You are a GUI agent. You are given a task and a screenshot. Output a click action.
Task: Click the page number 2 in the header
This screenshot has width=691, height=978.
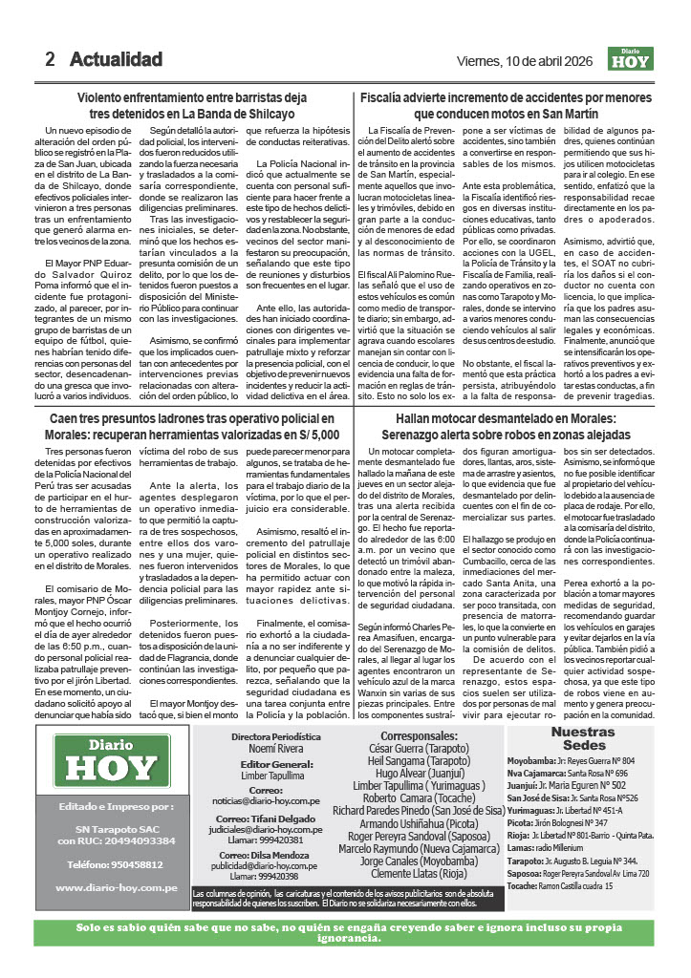(50, 59)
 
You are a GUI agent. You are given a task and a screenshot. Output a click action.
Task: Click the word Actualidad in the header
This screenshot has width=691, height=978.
(116, 59)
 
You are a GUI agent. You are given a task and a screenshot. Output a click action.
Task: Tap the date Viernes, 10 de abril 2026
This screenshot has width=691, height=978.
(524, 61)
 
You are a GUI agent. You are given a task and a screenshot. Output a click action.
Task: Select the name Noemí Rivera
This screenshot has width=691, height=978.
(277, 725)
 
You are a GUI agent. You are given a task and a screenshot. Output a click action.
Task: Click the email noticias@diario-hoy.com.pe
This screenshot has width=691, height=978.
(277, 776)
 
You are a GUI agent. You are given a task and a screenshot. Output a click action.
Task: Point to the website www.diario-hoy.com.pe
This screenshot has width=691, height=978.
(116, 887)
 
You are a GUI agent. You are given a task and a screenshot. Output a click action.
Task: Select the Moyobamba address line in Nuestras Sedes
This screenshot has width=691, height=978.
(584, 734)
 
